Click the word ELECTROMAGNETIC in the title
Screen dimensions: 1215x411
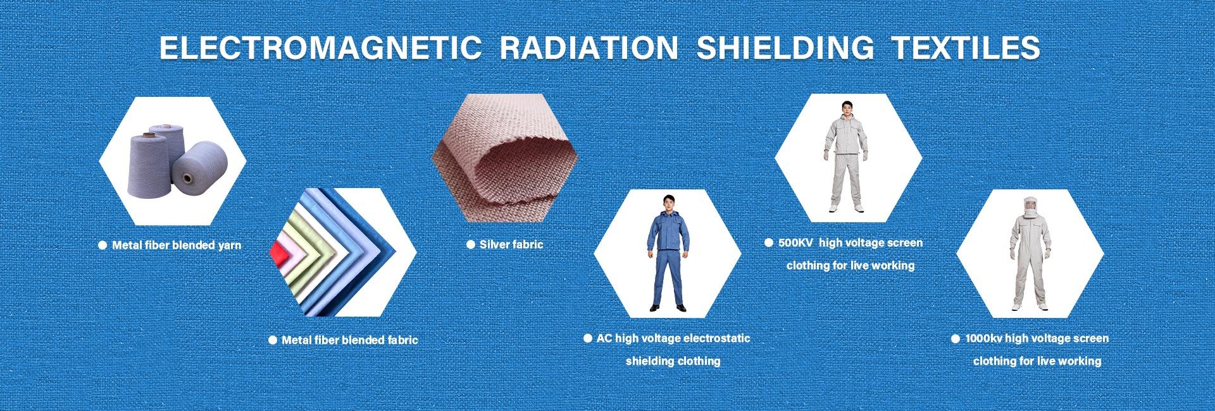[x=320, y=48]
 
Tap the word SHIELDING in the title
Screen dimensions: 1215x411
[x=785, y=48]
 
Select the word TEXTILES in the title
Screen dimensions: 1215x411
[x=967, y=48]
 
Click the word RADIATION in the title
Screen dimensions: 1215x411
[x=589, y=48]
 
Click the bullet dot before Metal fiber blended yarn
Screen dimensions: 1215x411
[x=103, y=245]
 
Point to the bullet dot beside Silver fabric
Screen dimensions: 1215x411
[x=470, y=244]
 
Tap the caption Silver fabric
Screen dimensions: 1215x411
[x=511, y=244]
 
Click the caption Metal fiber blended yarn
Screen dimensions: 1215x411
[x=177, y=245]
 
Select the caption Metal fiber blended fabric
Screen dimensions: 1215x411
[x=350, y=340]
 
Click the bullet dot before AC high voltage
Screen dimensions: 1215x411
[x=588, y=339]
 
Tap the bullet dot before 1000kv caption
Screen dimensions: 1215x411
[x=956, y=339]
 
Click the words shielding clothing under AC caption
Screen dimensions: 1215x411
[x=673, y=361]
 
